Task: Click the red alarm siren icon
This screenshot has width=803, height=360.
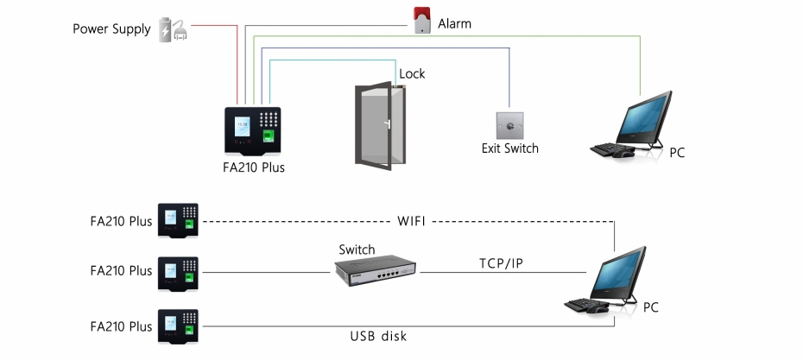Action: tap(422, 21)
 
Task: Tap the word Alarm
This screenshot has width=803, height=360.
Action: tap(454, 23)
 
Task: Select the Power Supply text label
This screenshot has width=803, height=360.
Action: tap(111, 29)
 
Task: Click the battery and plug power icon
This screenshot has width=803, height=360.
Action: tap(173, 29)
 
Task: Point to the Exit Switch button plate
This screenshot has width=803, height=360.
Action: tap(509, 125)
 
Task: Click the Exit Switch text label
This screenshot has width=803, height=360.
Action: tap(510, 148)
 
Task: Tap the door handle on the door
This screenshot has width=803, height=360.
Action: tap(388, 124)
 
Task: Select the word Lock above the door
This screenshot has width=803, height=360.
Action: tap(412, 73)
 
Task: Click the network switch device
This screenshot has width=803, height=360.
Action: tap(375, 270)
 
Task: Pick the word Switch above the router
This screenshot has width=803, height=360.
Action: tap(357, 249)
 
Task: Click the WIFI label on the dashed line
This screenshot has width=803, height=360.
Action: tap(411, 221)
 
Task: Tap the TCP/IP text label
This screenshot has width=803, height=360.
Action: tap(501, 263)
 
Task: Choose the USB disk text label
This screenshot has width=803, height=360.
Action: tap(378, 336)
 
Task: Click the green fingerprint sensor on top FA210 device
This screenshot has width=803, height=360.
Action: tap(269, 136)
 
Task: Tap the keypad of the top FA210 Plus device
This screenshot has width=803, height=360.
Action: tap(269, 120)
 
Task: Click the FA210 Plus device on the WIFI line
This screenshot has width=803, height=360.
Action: tap(178, 221)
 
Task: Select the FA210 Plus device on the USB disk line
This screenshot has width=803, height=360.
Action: tap(178, 326)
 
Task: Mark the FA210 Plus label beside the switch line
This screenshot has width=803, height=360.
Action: tap(122, 270)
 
